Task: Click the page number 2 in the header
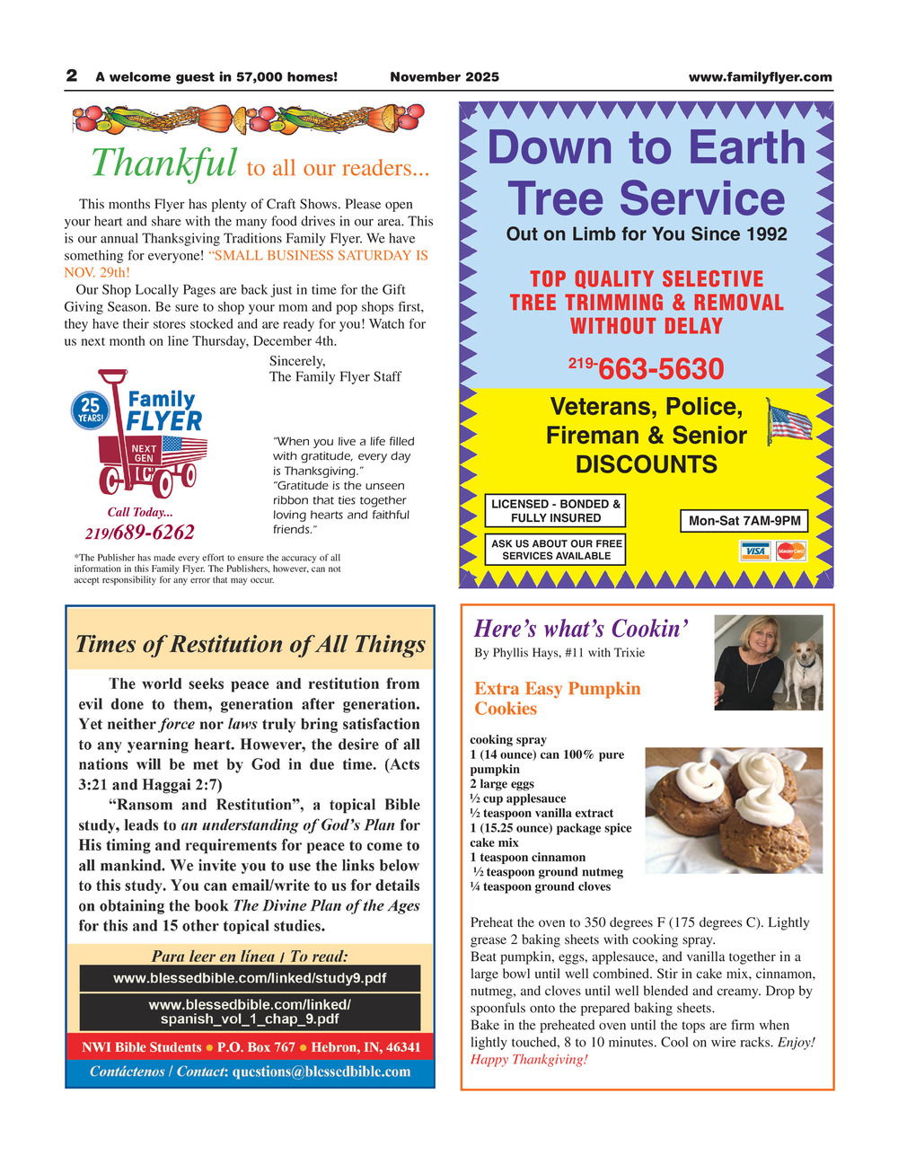pyautogui.click(x=71, y=76)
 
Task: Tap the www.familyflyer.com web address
pyautogui.click(x=760, y=77)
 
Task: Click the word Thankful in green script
pyautogui.click(x=164, y=163)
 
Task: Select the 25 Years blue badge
pyautogui.click(x=90, y=410)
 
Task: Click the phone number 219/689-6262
pyautogui.click(x=139, y=533)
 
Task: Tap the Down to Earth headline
pyautogui.click(x=647, y=148)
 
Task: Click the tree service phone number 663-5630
pyautogui.click(x=660, y=368)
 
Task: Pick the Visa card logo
pyautogui.click(x=755, y=551)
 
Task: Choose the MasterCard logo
pyautogui.click(x=790, y=551)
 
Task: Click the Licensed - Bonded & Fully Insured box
pyautogui.click(x=555, y=511)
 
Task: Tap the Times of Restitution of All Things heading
pyautogui.click(x=251, y=644)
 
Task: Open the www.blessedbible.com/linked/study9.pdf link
pyautogui.click(x=250, y=978)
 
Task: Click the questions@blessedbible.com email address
pyautogui.click(x=321, y=1071)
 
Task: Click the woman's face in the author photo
pyautogui.click(x=751, y=640)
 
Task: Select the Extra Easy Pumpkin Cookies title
pyautogui.click(x=557, y=699)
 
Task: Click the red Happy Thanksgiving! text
pyautogui.click(x=529, y=1059)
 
